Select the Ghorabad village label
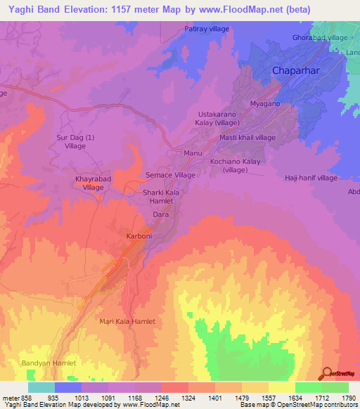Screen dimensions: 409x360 point(320,37)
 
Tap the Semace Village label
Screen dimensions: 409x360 point(170,175)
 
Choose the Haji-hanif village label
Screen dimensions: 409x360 point(311,178)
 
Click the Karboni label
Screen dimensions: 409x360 point(139,236)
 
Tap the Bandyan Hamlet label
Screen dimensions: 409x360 point(48,363)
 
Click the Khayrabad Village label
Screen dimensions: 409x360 point(94,184)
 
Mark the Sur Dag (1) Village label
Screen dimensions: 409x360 point(75,142)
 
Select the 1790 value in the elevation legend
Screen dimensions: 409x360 point(347,398)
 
